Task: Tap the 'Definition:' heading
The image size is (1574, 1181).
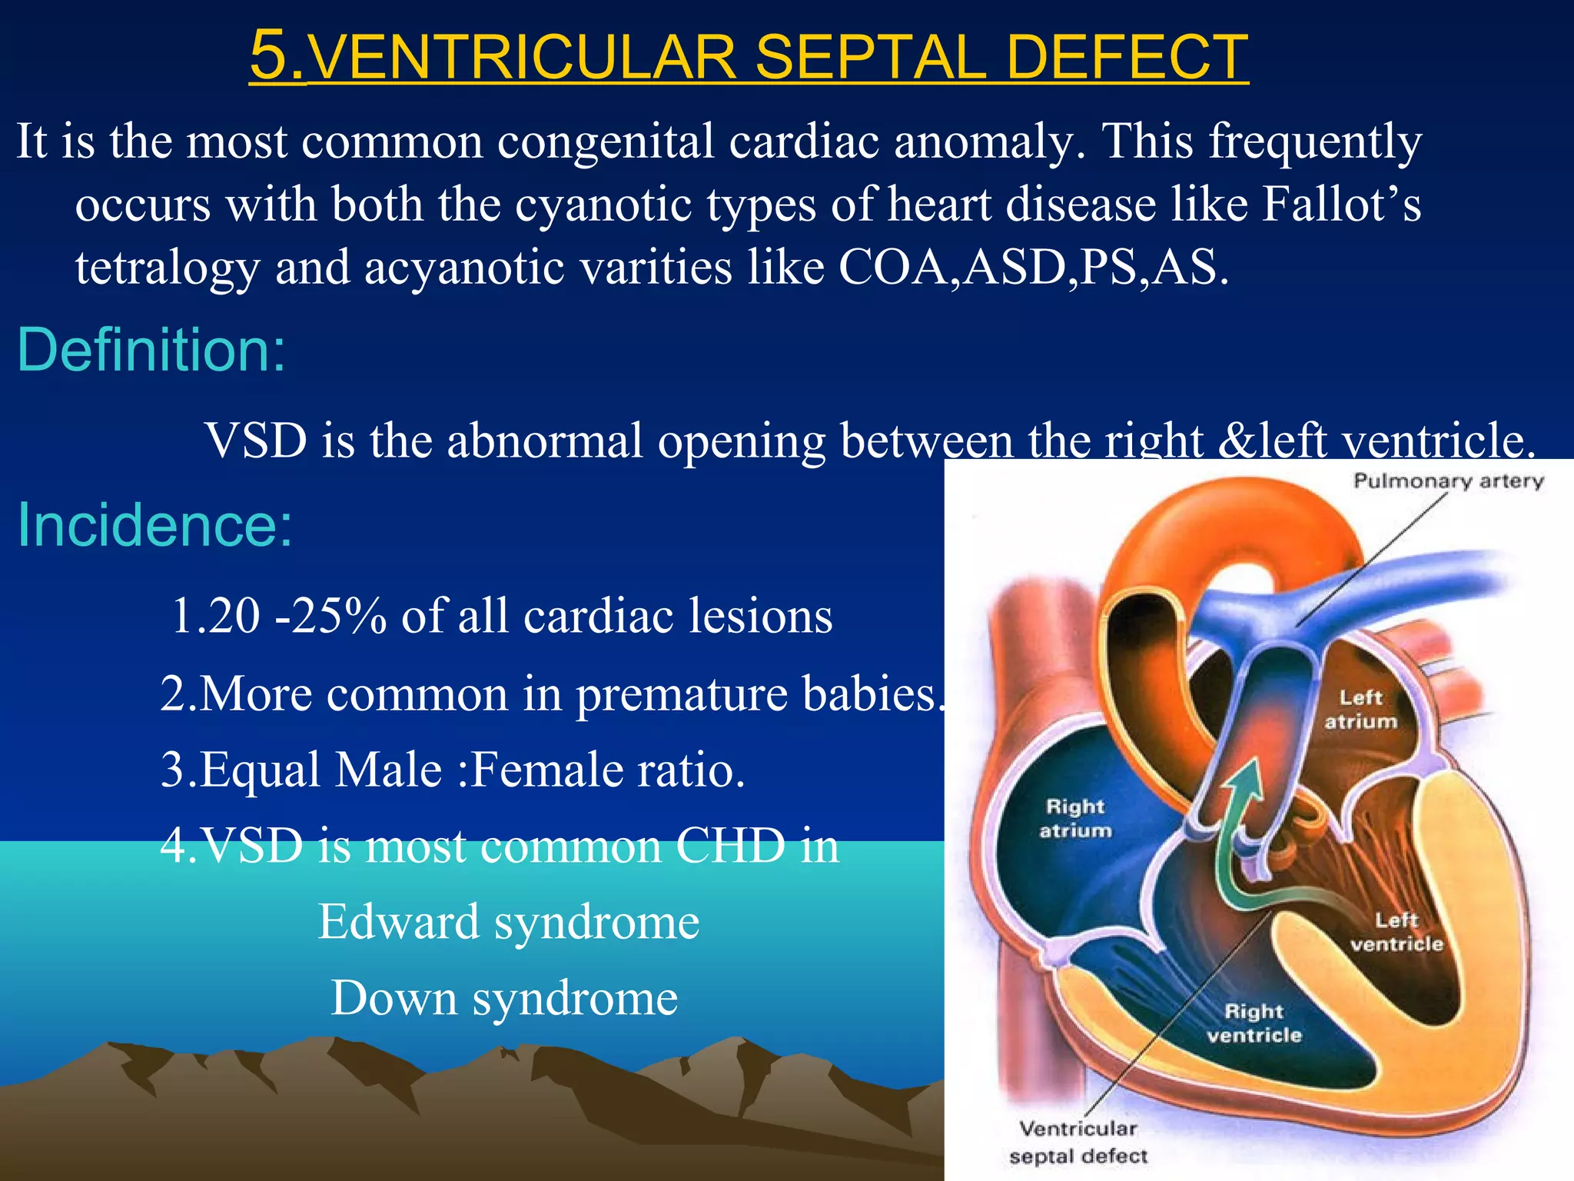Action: coord(151,350)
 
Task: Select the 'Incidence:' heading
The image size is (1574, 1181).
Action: coord(154,525)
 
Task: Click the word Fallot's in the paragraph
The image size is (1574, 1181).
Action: coord(1341,205)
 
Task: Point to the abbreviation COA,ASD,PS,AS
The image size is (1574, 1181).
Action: coord(1033,268)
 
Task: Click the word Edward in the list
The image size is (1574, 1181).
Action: coord(399,922)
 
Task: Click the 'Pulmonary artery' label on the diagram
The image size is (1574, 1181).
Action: coord(1448,481)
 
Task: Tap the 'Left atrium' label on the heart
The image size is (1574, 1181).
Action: coord(1360,709)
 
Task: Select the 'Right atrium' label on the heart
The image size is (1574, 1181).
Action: coord(1075,818)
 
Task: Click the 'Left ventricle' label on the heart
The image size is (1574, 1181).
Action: coord(1396,932)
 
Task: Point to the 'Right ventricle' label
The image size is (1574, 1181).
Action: coord(1254,1023)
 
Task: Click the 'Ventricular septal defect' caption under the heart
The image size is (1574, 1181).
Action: coord(1078,1142)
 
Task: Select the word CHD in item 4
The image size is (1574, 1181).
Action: coord(730,846)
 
